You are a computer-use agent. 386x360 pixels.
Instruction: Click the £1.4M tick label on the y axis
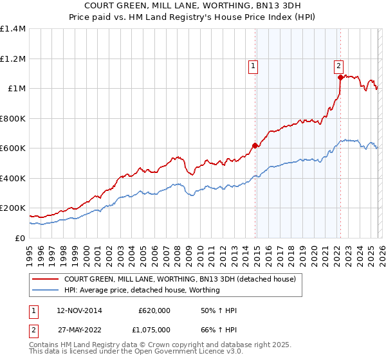[x=13, y=29]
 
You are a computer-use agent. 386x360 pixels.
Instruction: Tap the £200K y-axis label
[x=13, y=208]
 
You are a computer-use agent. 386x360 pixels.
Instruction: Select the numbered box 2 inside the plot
[x=338, y=65]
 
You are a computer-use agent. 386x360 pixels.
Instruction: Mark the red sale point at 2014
[x=255, y=145]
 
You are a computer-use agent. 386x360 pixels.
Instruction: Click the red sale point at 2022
[x=340, y=77]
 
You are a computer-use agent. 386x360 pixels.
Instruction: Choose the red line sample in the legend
[x=46, y=280]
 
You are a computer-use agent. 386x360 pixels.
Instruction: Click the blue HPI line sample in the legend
[x=46, y=290]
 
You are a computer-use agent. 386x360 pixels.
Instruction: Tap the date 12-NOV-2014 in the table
[x=75, y=310]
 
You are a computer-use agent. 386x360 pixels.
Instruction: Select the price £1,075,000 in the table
[x=154, y=331]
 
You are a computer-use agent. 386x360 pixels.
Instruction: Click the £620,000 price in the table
[x=154, y=310]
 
